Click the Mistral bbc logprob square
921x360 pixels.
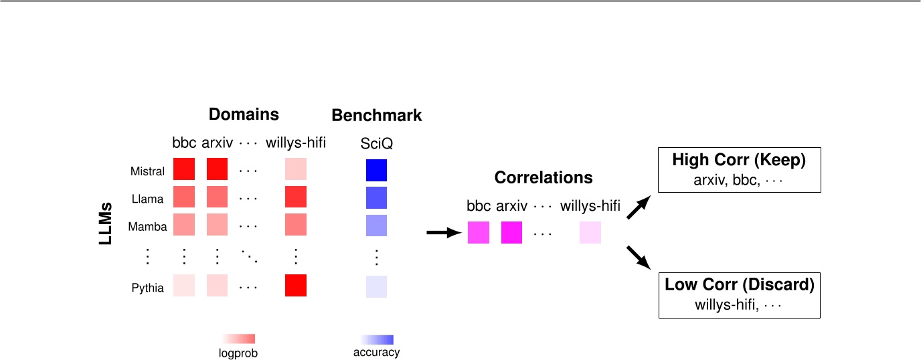tap(184, 169)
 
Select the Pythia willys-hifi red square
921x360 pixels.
tap(295, 285)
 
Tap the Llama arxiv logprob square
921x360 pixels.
tap(217, 197)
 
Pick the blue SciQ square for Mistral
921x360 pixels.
tap(376, 169)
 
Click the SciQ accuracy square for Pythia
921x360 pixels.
tap(376, 286)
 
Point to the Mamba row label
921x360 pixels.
tap(148, 227)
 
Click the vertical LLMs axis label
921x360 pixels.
tap(106, 226)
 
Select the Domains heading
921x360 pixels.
tap(244, 114)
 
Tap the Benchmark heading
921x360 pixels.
tap(377, 115)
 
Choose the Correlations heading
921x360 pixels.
tap(543, 178)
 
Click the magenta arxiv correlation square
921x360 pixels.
tap(511, 232)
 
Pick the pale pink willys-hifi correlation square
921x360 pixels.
tap(590, 232)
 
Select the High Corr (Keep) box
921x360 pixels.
tap(739, 170)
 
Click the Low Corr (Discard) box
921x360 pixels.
tap(739, 294)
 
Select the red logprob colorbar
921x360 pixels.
tap(238, 339)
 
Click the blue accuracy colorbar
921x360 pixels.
tap(376, 339)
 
